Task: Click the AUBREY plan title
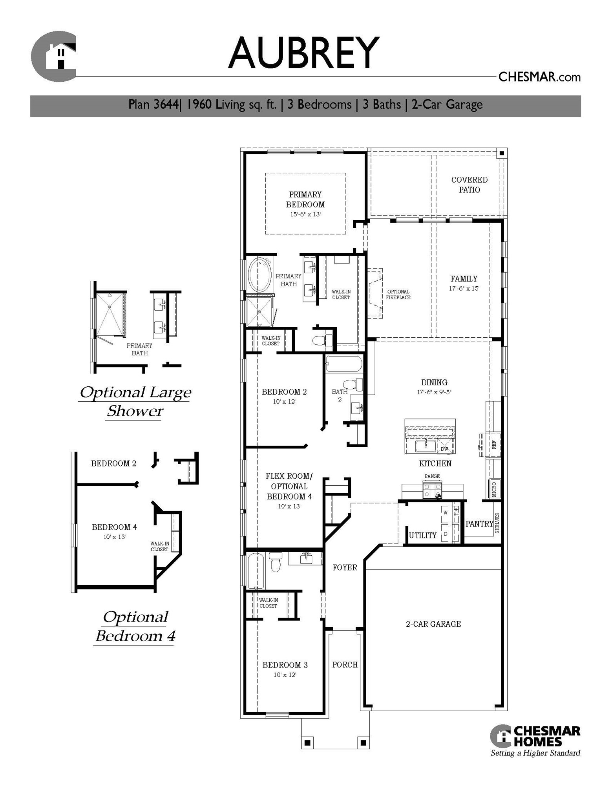click(x=303, y=53)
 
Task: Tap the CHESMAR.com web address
click(x=539, y=77)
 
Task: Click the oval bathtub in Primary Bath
click(x=260, y=275)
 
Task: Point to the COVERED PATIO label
click(x=469, y=185)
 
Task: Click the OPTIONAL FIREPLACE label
click(x=398, y=294)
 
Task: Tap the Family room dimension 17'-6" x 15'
click(x=464, y=288)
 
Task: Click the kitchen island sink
click(x=425, y=446)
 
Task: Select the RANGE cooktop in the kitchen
click(x=432, y=491)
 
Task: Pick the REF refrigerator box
click(x=494, y=444)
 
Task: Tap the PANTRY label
click(x=479, y=524)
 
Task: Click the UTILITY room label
click(x=422, y=535)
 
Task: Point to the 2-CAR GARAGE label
click(x=433, y=624)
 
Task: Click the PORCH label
click(x=345, y=664)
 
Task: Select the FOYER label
click(x=345, y=567)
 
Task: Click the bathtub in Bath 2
click(x=344, y=364)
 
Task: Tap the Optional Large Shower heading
click(x=135, y=401)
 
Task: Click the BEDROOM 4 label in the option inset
click(x=114, y=527)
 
